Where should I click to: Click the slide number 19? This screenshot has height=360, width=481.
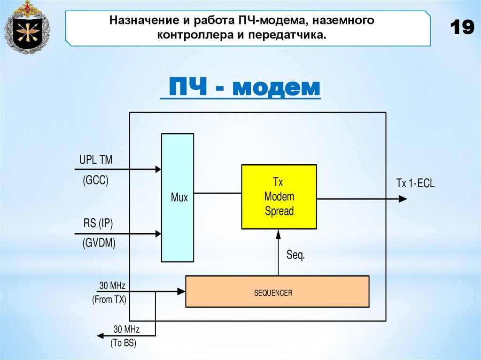coord(462,27)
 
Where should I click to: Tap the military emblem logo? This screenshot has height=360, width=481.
coord(26,27)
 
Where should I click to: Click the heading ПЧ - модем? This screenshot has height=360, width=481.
coord(240,88)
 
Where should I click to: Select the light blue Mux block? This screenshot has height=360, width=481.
coord(178,197)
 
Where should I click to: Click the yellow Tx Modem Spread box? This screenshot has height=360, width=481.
coord(279,196)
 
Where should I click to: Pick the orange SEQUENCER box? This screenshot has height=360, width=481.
coord(277,291)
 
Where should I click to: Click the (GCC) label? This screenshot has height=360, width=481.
coord(95,180)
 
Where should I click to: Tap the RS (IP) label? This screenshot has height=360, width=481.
coord(98,223)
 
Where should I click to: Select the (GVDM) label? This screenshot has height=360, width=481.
coord(99,243)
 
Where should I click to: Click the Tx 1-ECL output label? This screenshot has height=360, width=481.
coord(415,184)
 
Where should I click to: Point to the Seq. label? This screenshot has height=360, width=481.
coord(296,256)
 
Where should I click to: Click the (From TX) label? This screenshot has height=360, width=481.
coord(109,299)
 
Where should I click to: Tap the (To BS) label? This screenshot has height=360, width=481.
coord(123,343)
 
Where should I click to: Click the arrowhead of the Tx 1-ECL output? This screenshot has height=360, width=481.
coord(403,199)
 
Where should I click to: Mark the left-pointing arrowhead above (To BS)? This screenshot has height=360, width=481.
coord(100,336)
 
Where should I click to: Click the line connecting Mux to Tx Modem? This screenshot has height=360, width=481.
coord(217,192)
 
